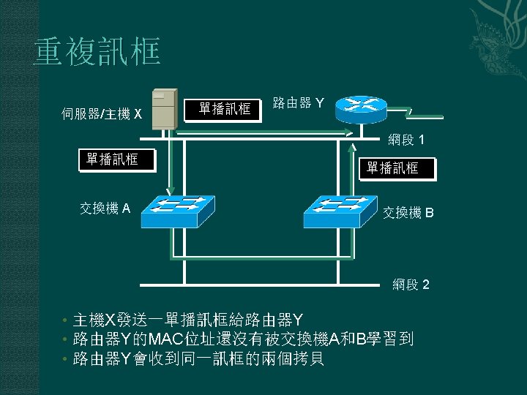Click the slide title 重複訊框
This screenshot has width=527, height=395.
tap(96, 53)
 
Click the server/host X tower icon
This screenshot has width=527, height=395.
tap(164, 108)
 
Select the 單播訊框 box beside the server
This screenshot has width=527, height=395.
tap(225, 110)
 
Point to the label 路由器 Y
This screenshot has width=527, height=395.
tap(299, 103)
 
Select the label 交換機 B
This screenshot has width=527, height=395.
tap(408, 213)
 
